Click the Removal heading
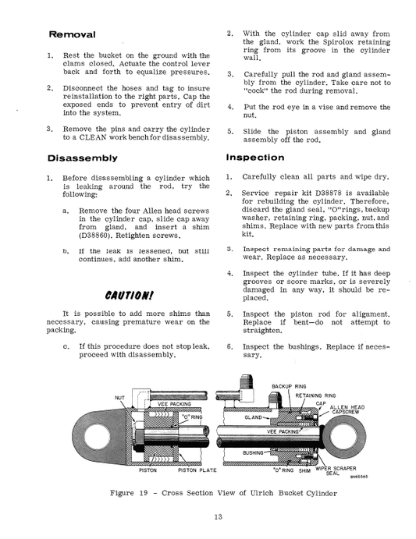point(72,36)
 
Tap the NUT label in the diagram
point(119,398)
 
